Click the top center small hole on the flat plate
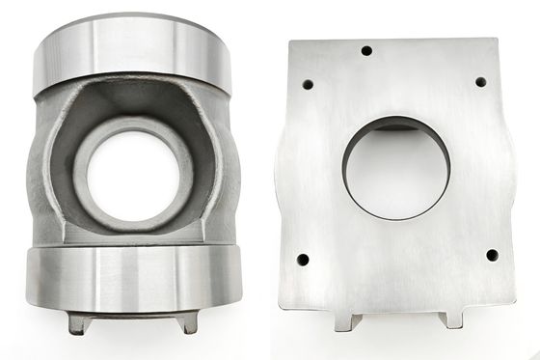point(365,50)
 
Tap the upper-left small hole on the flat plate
point(309,83)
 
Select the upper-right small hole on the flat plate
point(479,81)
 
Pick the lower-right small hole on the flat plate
point(491,255)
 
